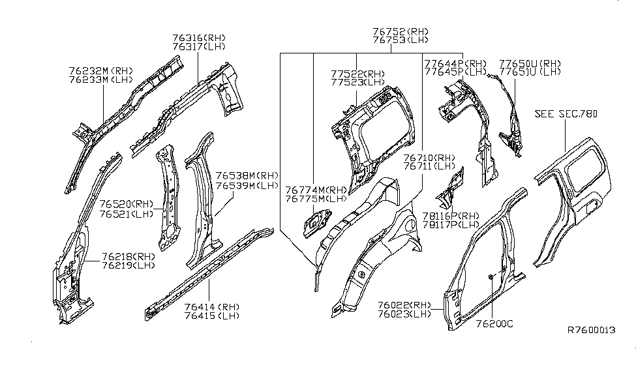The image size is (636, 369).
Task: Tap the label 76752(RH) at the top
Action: (401, 31)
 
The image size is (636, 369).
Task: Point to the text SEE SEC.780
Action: (566, 113)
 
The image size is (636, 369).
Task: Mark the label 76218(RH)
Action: (128, 256)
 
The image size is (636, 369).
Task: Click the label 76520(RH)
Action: (127, 203)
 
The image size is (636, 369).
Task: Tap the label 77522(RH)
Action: (357, 74)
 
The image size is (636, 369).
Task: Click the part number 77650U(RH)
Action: (530, 63)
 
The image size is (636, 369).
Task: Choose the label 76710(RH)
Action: (429, 158)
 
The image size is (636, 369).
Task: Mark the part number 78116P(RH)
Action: (449, 215)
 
